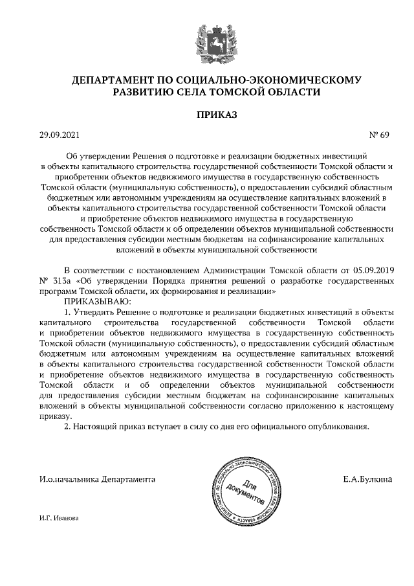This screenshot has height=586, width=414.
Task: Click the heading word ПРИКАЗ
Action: pos(207,115)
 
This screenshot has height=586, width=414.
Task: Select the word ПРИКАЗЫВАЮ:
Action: pos(97,302)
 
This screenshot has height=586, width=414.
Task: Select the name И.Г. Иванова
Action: pos(58,518)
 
